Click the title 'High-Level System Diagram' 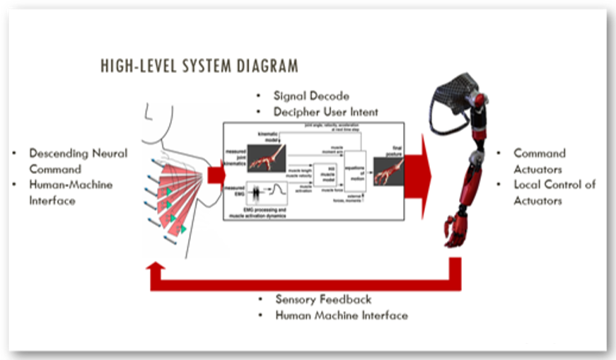[199, 66]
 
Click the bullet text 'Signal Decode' [311, 95]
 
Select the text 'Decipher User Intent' [326, 111]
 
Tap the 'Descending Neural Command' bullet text [78, 161]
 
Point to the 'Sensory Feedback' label [323, 299]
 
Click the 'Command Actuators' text [540, 161]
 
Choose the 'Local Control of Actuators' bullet [554, 192]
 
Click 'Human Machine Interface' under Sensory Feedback [342, 315]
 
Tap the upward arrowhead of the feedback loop [156, 269]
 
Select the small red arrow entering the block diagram [216, 173]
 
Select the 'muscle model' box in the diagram [327, 176]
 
